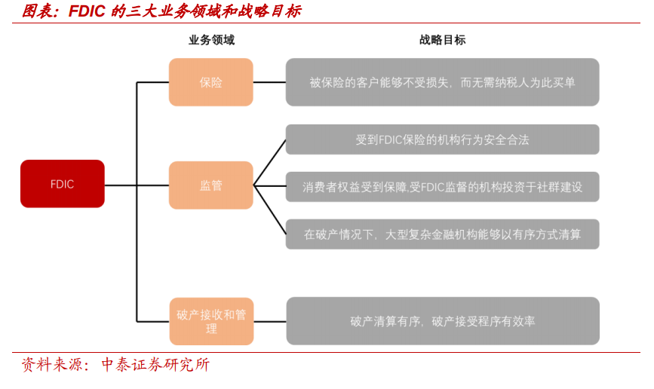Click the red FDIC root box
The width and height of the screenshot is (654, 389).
click(63, 183)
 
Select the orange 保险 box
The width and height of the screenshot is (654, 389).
click(211, 82)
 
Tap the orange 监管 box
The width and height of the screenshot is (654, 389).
click(211, 185)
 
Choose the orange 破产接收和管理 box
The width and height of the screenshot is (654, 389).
click(211, 321)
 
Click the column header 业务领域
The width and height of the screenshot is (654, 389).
click(211, 40)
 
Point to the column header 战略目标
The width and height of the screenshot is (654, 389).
click(443, 40)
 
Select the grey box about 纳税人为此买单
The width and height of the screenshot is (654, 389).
click(443, 82)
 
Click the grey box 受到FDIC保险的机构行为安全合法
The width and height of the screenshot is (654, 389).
click(443, 139)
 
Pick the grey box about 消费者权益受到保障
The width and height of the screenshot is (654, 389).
click(443, 187)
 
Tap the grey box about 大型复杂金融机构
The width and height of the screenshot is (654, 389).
click(443, 234)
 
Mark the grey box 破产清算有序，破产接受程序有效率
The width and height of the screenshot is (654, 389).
click(443, 321)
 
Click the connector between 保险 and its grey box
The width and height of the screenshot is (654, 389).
click(269, 82)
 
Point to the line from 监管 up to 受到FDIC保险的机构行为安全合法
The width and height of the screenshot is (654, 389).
click(270, 163)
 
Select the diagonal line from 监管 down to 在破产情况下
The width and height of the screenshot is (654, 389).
click(270, 210)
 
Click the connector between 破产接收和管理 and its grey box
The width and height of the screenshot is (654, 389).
click(270, 321)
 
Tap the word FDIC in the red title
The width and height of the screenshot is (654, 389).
click(87, 11)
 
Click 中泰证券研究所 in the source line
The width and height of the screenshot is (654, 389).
click(155, 365)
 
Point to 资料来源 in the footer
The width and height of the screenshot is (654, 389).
click(51, 365)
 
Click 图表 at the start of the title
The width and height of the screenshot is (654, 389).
click(38, 11)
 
